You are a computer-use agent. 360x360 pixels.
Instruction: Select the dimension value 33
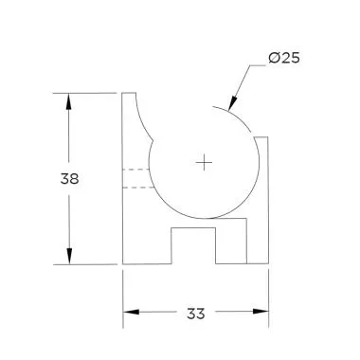[196, 312]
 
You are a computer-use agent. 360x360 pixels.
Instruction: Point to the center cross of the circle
[204, 163]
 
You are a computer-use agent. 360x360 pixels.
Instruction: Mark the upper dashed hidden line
[137, 171]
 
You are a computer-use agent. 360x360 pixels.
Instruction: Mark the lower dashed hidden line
[137, 188]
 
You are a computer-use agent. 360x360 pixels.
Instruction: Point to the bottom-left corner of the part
[123, 264]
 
